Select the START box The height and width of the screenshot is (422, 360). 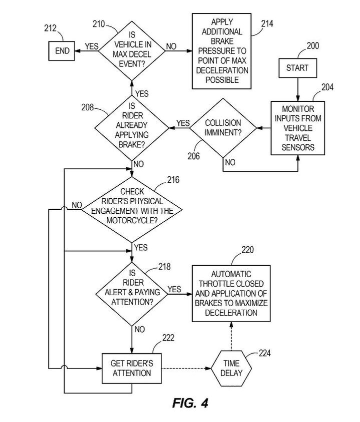[x=297, y=68]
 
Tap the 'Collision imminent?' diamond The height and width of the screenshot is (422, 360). [x=222, y=129]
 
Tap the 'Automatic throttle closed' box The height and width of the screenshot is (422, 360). [x=231, y=293]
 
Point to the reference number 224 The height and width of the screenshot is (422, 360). [x=265, y=354]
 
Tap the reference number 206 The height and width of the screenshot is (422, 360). [x=193, y=156]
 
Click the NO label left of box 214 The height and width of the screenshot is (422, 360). [x=171, y=46]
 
